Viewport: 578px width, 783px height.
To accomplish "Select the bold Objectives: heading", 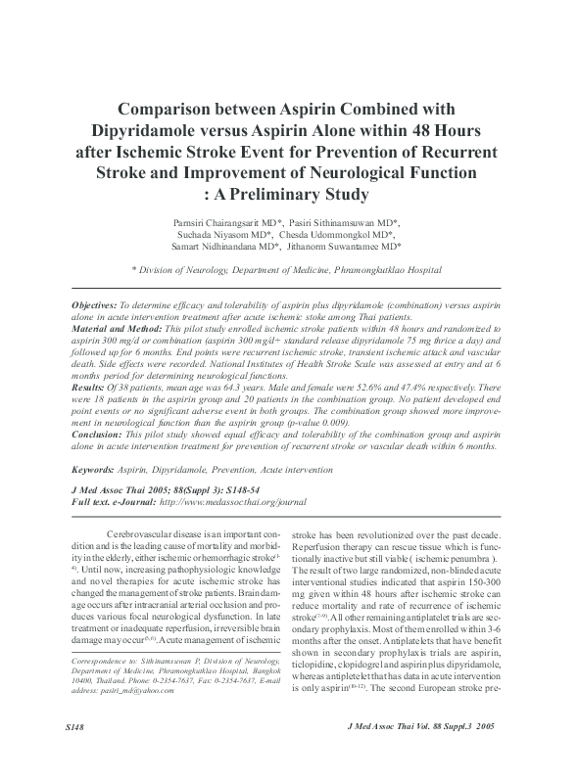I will (x=101, y=306).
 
